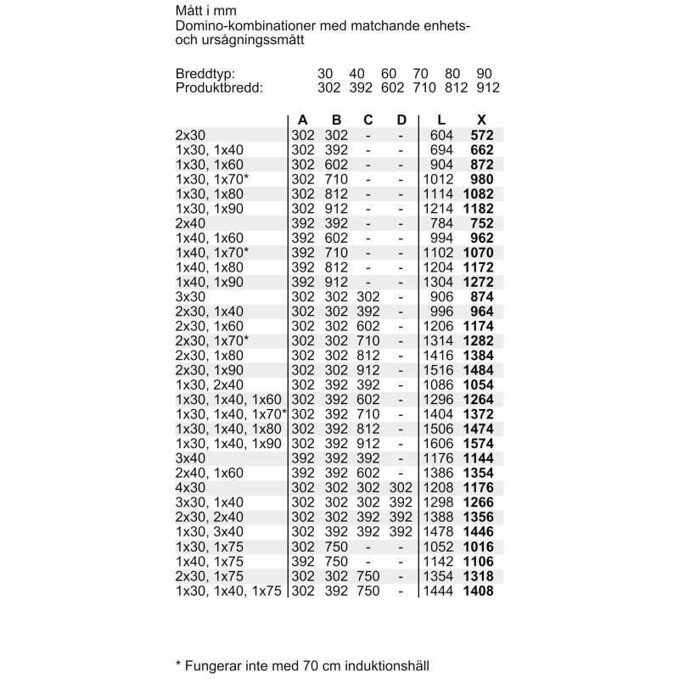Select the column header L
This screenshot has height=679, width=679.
point(441,120)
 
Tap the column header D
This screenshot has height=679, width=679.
point(401,120)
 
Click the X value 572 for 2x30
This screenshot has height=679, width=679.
point(482,135)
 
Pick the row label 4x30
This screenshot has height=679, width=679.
point(191,488)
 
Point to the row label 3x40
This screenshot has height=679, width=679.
point(191,458)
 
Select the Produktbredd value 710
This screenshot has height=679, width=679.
point(424,87)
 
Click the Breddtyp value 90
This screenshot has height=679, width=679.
point(485,74)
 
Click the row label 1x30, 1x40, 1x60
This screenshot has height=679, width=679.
point(227,400)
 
